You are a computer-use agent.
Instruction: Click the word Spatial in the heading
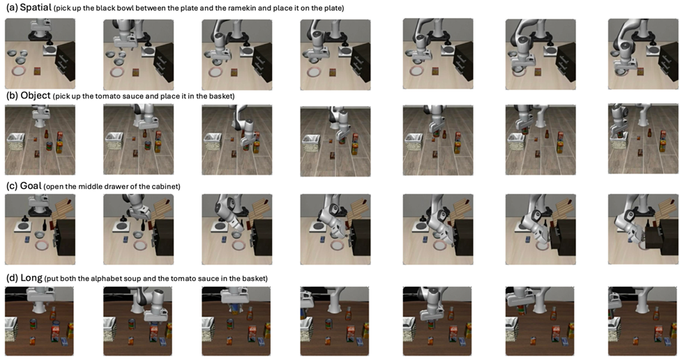pos(36,8)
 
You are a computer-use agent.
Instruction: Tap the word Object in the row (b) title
pos(36,96)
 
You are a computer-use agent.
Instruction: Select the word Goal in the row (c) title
pos(31,186)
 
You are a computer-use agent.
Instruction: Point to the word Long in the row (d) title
pos(31,278)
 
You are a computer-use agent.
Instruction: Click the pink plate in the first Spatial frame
pos(20,70)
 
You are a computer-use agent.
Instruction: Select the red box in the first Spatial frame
pos(37,70)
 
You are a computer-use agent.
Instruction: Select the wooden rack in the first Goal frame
pos(61,210)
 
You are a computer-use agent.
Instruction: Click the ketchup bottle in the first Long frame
pos(53,313)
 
